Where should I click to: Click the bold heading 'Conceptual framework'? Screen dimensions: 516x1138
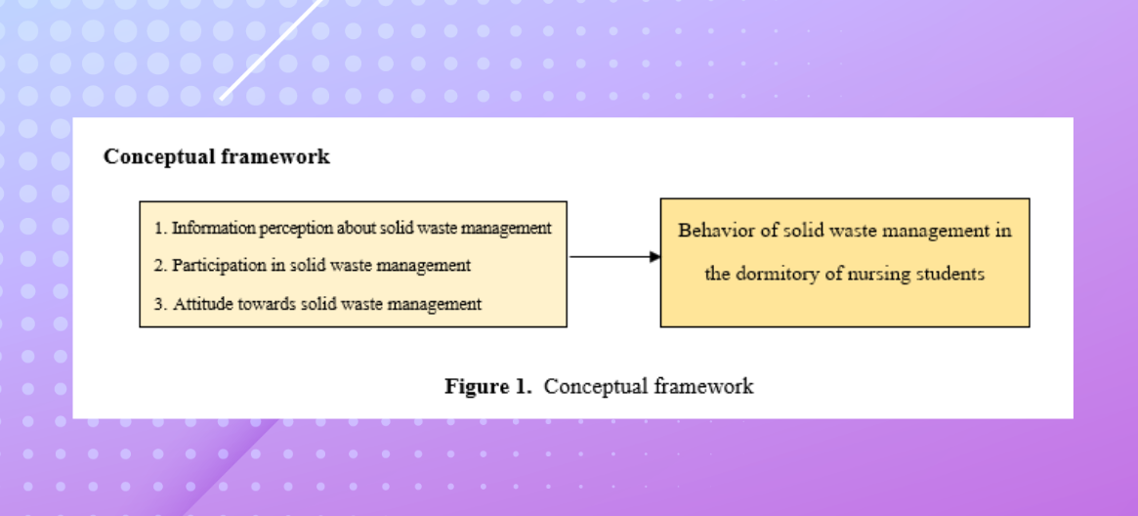coord(216,156)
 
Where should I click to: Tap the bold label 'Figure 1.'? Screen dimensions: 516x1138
coord(487,386)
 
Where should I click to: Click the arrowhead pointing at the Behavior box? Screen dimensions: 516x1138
coord(655,257)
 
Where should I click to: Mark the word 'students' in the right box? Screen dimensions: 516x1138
coord(948,274)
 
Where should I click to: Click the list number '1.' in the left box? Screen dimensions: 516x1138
coord(160,229)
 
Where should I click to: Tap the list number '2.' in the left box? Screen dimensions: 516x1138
coord(160,266)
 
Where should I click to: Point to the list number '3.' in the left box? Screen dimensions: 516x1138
coord(160,304)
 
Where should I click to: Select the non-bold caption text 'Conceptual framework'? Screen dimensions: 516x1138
coord(649,386)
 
